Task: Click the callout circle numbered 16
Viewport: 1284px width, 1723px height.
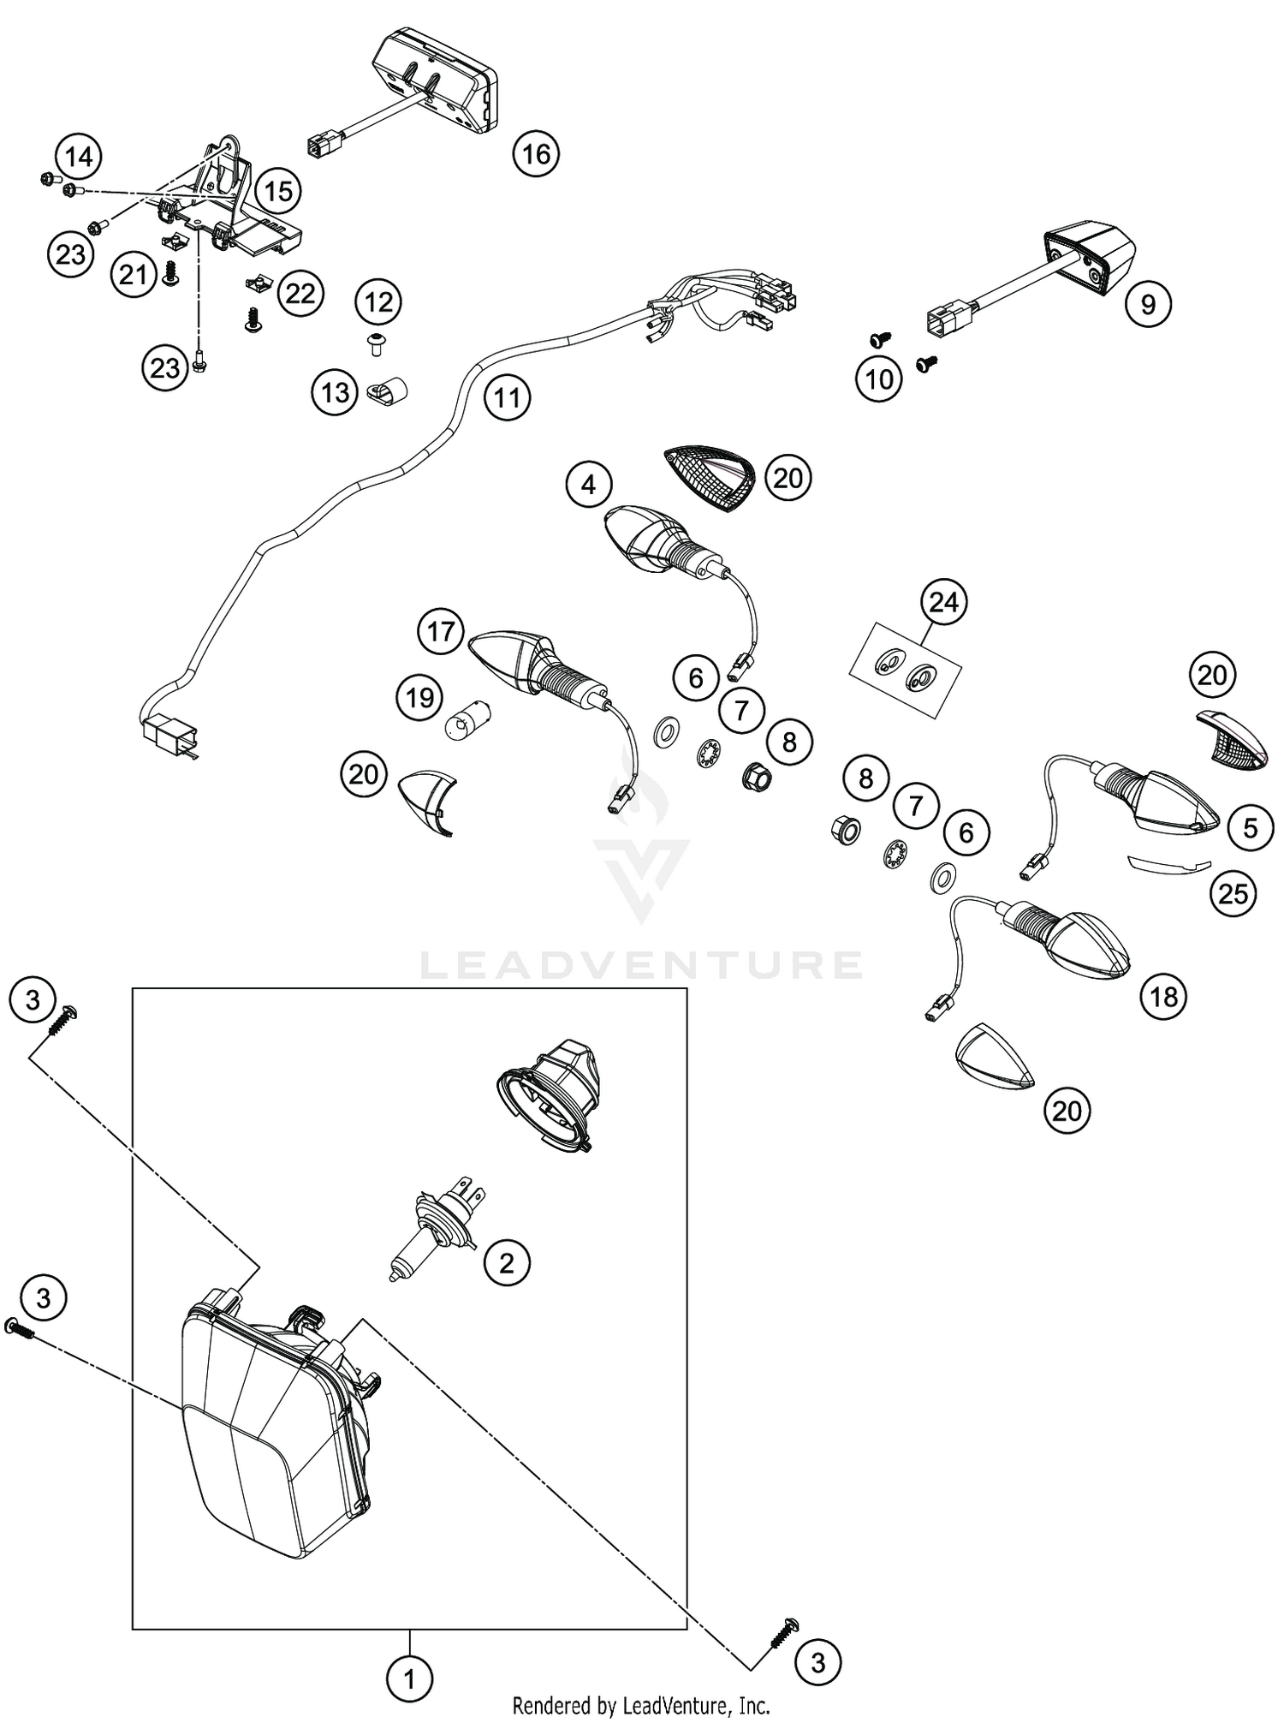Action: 536,154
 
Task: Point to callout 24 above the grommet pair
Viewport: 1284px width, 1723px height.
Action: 943,602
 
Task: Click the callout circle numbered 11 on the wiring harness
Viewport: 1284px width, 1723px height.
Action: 507,397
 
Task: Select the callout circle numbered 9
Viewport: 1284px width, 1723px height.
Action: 1148,304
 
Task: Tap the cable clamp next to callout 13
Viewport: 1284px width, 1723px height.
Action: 386,391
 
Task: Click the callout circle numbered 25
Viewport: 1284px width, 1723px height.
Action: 1233,894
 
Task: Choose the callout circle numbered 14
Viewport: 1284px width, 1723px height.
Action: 78,157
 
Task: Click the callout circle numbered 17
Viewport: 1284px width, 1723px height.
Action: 440,632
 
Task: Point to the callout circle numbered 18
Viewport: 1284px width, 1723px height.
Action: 1163,996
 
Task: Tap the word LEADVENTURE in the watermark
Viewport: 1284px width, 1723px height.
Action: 641,964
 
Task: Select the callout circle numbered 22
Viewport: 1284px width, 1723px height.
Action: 300,294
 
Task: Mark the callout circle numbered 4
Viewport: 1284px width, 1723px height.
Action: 588,485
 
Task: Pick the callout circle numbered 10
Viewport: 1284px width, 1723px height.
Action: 879,379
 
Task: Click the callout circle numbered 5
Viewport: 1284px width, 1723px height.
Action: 1251,828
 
